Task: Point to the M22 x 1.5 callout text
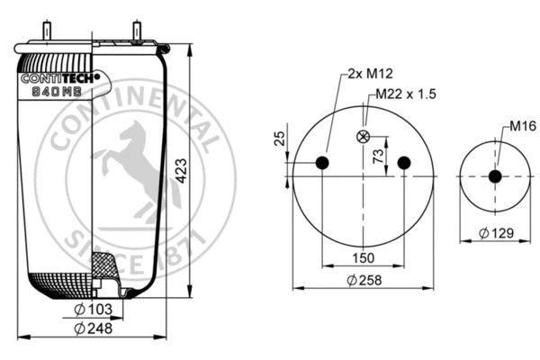pyautogui.click(x=407, y=94)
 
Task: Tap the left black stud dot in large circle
pyautogui.click(x=321, y=163)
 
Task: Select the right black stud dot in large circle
pyautogui.click(x=403, y=163)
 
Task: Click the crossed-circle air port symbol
pyautogui.click(x=363, y=137)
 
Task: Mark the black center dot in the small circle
pyautogui.click(x=494, y=176)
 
